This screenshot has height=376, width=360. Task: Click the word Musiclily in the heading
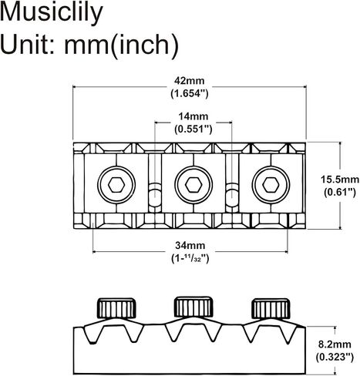tap(52, 13)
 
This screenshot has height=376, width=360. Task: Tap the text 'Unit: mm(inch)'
tap(89, 45)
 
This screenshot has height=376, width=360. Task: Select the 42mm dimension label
tap(190, 81)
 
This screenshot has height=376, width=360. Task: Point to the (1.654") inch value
tap(190, 93)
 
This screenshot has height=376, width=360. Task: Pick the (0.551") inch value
tap(193, 129)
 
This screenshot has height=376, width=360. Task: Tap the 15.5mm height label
tap(340, 180)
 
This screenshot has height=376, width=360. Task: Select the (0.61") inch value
tap(340, 192)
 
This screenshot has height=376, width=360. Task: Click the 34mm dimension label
tap(190, 245)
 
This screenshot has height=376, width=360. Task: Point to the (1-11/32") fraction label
tap(190, 258)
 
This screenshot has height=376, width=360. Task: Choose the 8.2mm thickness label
tap(335, 344)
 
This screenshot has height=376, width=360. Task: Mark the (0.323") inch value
tap(335, 357)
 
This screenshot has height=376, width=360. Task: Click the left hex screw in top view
tap(116, 185)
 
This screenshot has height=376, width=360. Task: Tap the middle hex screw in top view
tap(193, 185)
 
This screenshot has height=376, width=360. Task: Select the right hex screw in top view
tap(271, 185)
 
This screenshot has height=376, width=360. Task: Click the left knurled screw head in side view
tap(116, 308)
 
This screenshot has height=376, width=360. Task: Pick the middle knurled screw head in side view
tap(193, 307)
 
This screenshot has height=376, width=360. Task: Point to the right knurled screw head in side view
tap(271, 308)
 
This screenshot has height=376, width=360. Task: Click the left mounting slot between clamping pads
tap(155, 183)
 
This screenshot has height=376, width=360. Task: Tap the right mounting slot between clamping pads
tap(232, 183)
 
